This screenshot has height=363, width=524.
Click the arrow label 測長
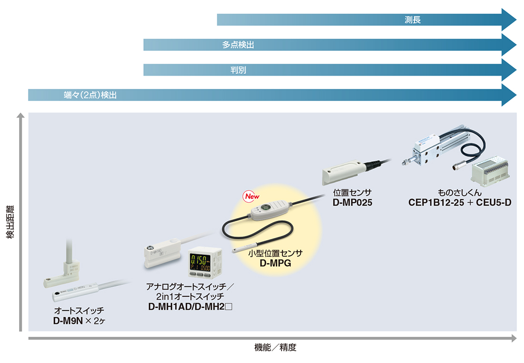[x=413, y=20]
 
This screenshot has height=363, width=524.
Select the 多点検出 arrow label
[x=238, y=45]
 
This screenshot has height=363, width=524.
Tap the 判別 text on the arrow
[x=238, y=70]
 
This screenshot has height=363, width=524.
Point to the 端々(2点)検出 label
[x=90, y=95]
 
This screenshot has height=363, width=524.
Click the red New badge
[x=252, y=196]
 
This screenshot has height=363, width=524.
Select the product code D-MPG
[x=275, y=263]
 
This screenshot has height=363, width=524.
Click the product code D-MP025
[x=352, y=203]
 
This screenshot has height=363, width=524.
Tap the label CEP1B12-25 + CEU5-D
[x=460, y=203]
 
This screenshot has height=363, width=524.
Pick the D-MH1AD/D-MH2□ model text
[x=190, y=306]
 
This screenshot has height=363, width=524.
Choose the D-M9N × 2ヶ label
[x=79, y=321]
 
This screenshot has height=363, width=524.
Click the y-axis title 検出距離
[x=10, y=222]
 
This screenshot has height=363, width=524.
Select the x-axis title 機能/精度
[x=275, y=348]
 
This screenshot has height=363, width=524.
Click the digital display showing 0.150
[x=201, y=262]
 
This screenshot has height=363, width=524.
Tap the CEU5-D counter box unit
[x=490, y=170]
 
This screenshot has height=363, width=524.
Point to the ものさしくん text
[x=460, y=193]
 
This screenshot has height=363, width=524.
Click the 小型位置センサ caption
[x=275, y=253]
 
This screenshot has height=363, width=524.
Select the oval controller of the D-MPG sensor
[x=269, y=211]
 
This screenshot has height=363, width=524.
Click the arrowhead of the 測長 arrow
[x=509, y=20]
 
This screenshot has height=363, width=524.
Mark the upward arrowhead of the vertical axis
[x=20, y=116]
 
